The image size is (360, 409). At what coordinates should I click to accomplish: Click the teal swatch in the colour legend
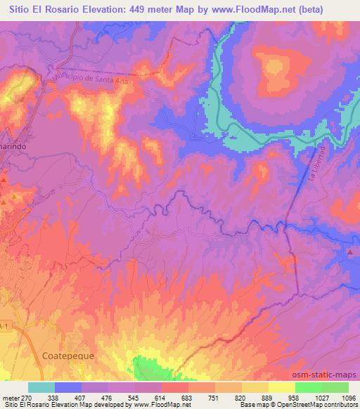41,387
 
